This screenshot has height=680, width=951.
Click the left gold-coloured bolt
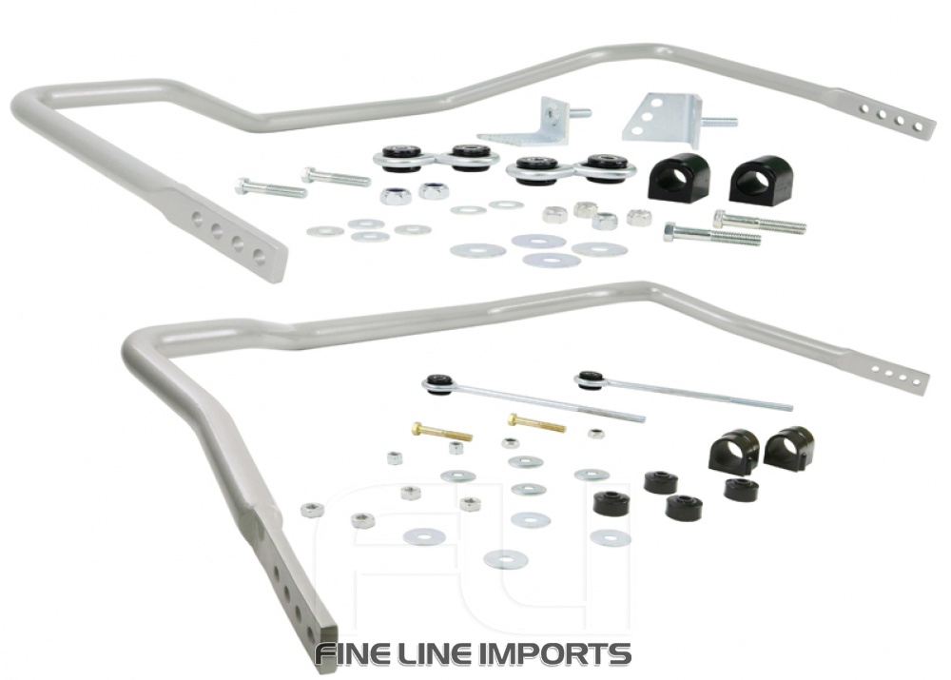(x=437, y=433)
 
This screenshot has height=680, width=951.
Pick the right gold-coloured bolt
(x=536, y=421)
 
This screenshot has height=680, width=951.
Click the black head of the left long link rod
(x=438, y=382)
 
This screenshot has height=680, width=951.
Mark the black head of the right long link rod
(x=591, y=379)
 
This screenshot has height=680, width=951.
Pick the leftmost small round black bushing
(x=610, y=501)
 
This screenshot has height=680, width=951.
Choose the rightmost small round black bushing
(x=740, y=489)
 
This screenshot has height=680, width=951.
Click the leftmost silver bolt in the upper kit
(x=270, y=188)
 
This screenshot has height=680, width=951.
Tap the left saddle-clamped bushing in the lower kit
(x=733, y=450)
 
